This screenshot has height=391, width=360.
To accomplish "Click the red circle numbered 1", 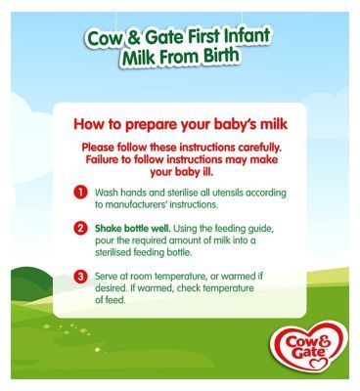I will pos(82,192).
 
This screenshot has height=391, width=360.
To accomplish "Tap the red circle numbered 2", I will pos(82,228).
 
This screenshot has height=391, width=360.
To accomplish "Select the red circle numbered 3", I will pos(82,277).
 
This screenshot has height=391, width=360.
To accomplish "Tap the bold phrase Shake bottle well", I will pos(126,228).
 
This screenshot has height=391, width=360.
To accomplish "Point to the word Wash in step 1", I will pos(107,192).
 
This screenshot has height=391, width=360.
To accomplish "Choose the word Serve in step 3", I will pos(109,277).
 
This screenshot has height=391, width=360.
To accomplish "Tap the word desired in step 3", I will pos(114,289).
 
